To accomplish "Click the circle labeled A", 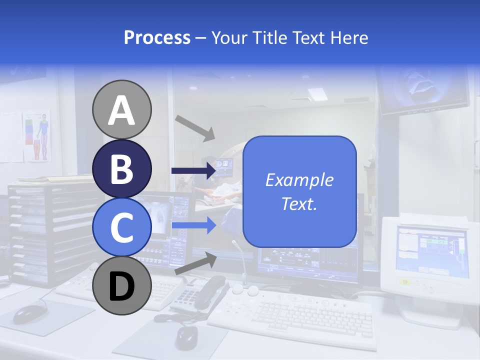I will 121,109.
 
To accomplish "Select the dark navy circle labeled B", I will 121,168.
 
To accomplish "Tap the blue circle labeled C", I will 121,227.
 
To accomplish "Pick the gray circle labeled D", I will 121,285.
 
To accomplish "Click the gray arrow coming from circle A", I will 194,127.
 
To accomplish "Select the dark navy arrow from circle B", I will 193,171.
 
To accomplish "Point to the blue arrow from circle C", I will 193,225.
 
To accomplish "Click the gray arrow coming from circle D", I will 195,263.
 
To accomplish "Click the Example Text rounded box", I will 299,191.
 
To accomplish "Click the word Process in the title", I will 157,37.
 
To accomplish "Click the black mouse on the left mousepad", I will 31,313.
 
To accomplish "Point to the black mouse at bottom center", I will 186,337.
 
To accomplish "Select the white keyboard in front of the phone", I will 295,315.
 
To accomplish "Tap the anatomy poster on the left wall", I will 37,135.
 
